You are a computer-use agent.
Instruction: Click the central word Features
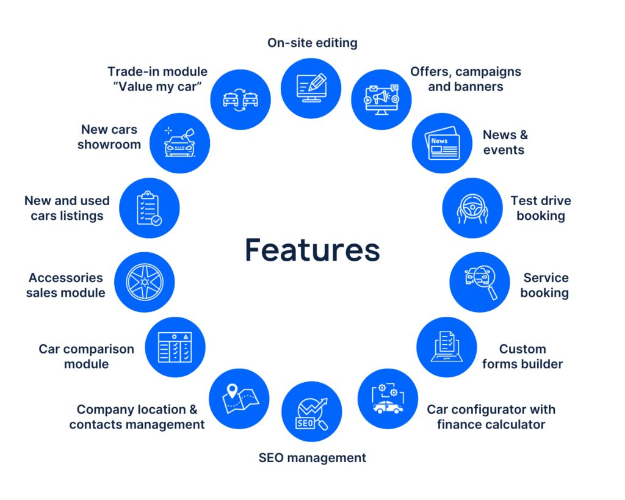(312, 250)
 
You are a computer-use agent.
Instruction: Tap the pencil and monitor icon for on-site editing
(311, 89)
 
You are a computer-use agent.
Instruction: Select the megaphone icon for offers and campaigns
(381, 100)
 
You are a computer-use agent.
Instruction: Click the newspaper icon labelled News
(442, 143)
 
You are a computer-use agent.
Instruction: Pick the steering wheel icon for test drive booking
(472, 208)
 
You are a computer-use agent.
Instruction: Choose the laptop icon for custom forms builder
(446, 347)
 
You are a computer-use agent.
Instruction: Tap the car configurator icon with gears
(387, 399)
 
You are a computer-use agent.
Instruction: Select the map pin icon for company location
(239, 398)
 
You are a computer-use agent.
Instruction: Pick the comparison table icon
(175, 347)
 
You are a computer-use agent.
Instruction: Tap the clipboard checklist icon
(149, 208)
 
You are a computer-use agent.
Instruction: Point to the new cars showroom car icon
(179, 143)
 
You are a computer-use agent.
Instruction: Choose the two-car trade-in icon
(240, 99)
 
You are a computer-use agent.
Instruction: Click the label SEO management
(312, 457)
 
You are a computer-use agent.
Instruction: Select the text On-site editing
(312, 43)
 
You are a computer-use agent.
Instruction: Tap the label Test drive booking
(541, 208)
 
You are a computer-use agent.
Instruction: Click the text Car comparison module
(86, 357)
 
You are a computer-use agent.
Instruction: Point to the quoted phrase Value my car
(157, 87)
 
